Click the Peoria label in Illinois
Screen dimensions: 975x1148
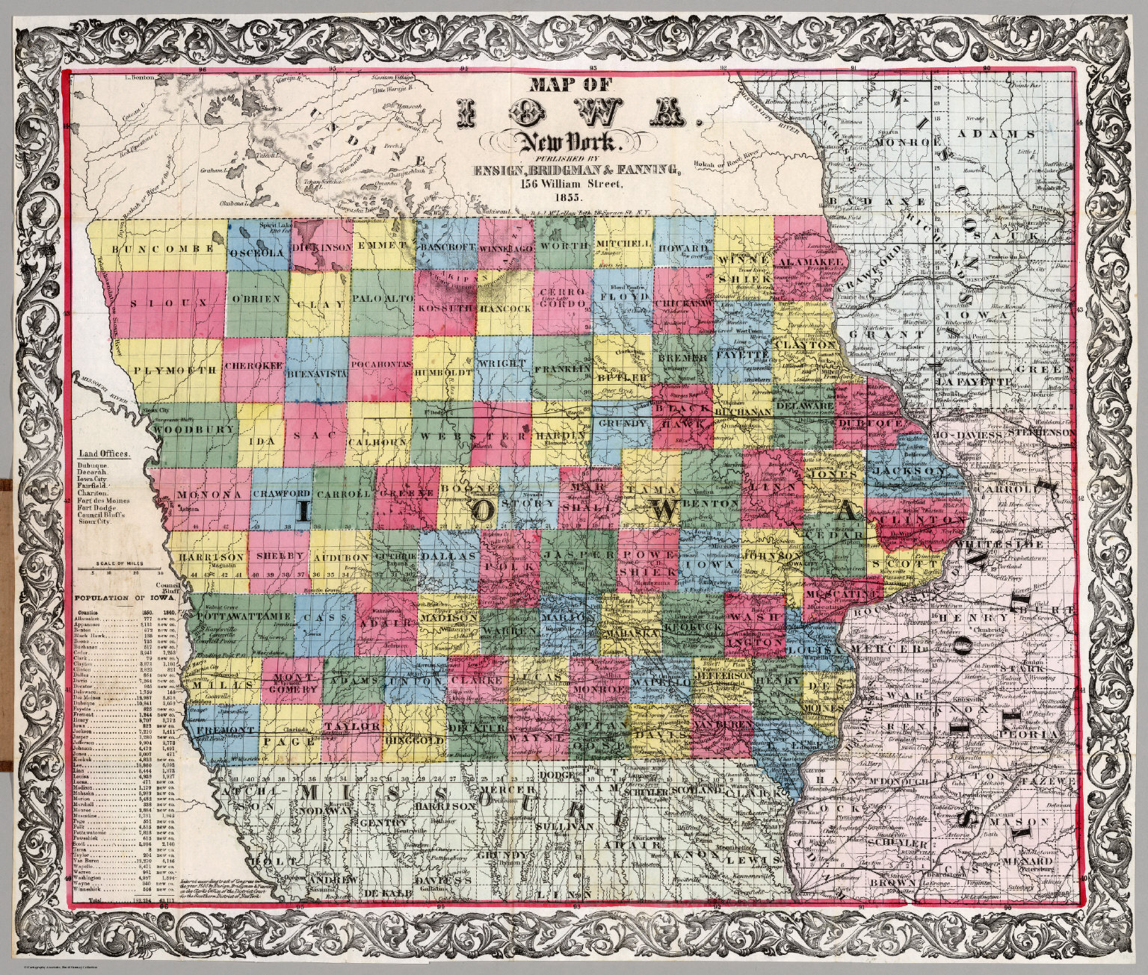[x=1038, y=734]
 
